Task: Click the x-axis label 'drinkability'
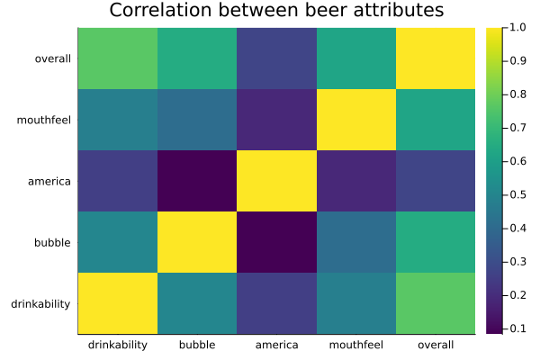pyautogui.click(x=118, y=345)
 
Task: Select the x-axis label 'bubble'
pyautogui.click(x=197, y=345)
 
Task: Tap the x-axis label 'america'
pyautogui.click(x=276, y=345)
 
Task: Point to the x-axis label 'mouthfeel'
pyautogui.click(x=356, y=345)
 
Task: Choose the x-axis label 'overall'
pyautogui.click(x=436, y=345)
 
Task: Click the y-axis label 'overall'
pyautogui.click(x=52, y=58)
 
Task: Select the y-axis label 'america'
pyautogui.click(x=49, y=181)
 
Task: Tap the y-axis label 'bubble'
pyautogui.click(x=53, y=242)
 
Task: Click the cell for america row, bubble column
pyautogui.click(x=197, y=181)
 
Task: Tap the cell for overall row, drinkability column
pyautogui.click(x=118, y=58)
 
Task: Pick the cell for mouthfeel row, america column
pyautogui.click(x=276, y=120)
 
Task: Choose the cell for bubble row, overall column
pyautogui.click(x=436, y=242)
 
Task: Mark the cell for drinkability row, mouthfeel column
pyautogui.click(x=356, y=303)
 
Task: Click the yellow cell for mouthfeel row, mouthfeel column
pyautogui.click(x=356, y=120)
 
